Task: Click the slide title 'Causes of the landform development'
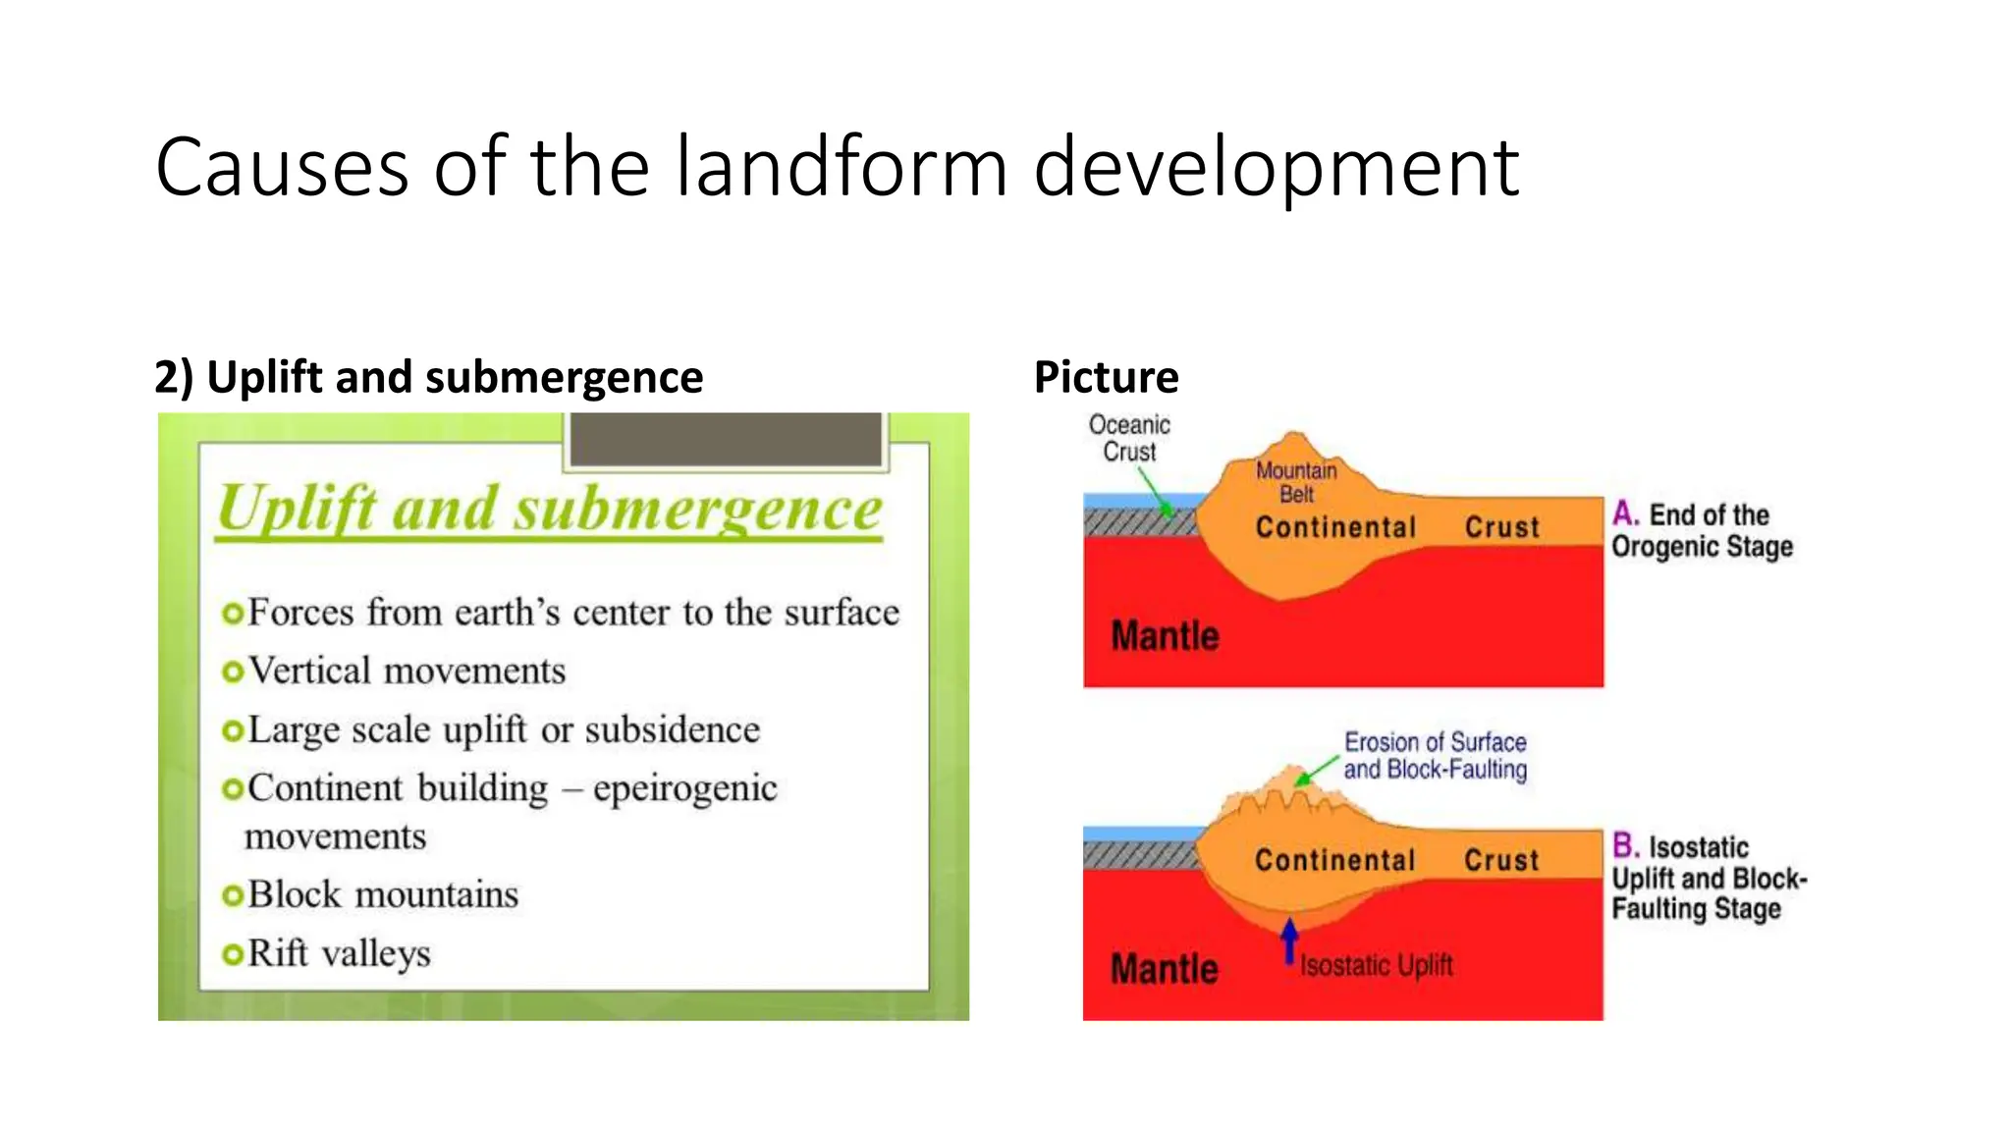pyautogui.click(x=837, y=167)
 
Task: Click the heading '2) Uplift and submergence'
pyautogui.click(x=428, y=377)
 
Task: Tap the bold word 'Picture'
pyautogui.click(x=1106, y=377)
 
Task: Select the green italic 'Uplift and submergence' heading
pyautogui.click(x=550, y=509)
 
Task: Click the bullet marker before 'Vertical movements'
pyautogui.click(x=233, y=673)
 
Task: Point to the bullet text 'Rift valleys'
pyautogui.click(x=339, y=953)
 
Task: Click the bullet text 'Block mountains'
pyautogui.click(x=383, y=894)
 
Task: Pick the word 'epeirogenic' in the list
pyautogui.click(x=684, y=788)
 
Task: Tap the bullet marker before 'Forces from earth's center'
pyautogui.click(x=233, y=614)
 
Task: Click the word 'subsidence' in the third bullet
pyautogui.click(x=673, y=730)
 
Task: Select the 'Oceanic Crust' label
pyautogui.click(x=1129, y=438)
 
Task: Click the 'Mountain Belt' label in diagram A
pyautogui.click(x=1296, y=482)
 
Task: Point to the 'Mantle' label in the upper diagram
pyautogui.click(x=1165, y=636)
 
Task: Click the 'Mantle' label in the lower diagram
pyautogui.click(x=1165, y=969)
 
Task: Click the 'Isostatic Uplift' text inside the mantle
pyautogui.click(x=1376, y=966)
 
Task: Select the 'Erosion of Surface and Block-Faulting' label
pyautogui.click(x=1435, y=756)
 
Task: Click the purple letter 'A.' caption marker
pyautogui.click(x=1625, y=513)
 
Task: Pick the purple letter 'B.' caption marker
pyautogui.click(x=1625, y=845)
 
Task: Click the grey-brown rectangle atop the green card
pyautogui.click(x=727, y=439)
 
